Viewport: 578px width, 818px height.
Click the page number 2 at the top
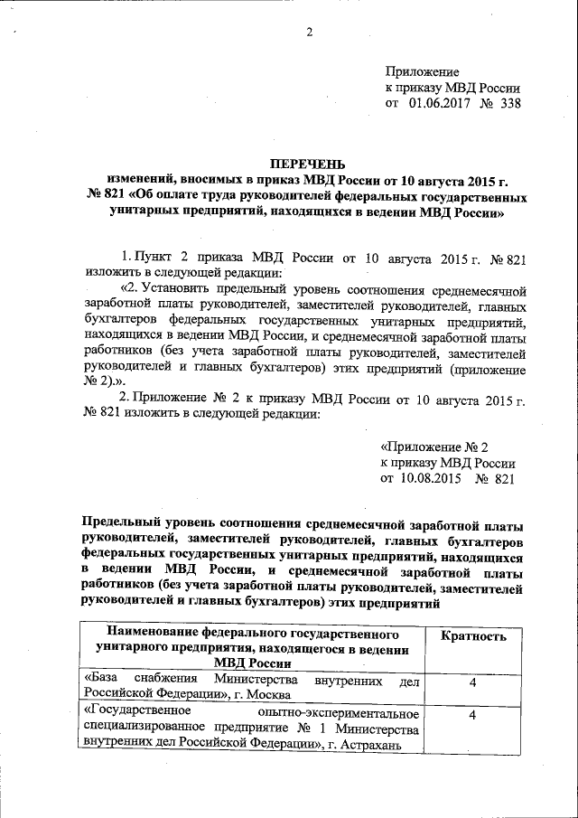coord(308,33)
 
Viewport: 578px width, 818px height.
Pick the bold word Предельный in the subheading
coord(124,525)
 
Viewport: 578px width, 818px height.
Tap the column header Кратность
coord(473,636)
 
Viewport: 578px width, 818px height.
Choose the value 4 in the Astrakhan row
coord(472,716)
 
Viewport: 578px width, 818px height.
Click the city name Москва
coord(267,694)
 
